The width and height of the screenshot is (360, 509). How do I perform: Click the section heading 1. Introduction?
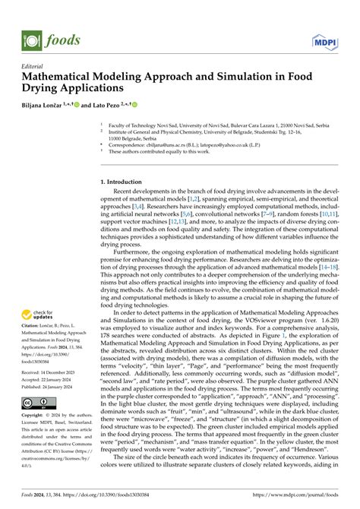[125, 182]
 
